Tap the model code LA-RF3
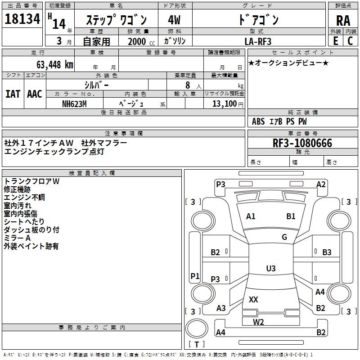258,41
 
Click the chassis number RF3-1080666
302,143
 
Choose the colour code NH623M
74,103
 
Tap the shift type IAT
13,94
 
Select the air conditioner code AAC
35,94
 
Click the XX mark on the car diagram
253,299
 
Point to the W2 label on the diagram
258,322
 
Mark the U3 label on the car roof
270,269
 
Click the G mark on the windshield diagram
284,237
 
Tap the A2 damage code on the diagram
321,184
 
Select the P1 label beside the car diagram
195,276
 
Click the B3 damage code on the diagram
327,252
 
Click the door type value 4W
174,21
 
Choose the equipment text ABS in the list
258,121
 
